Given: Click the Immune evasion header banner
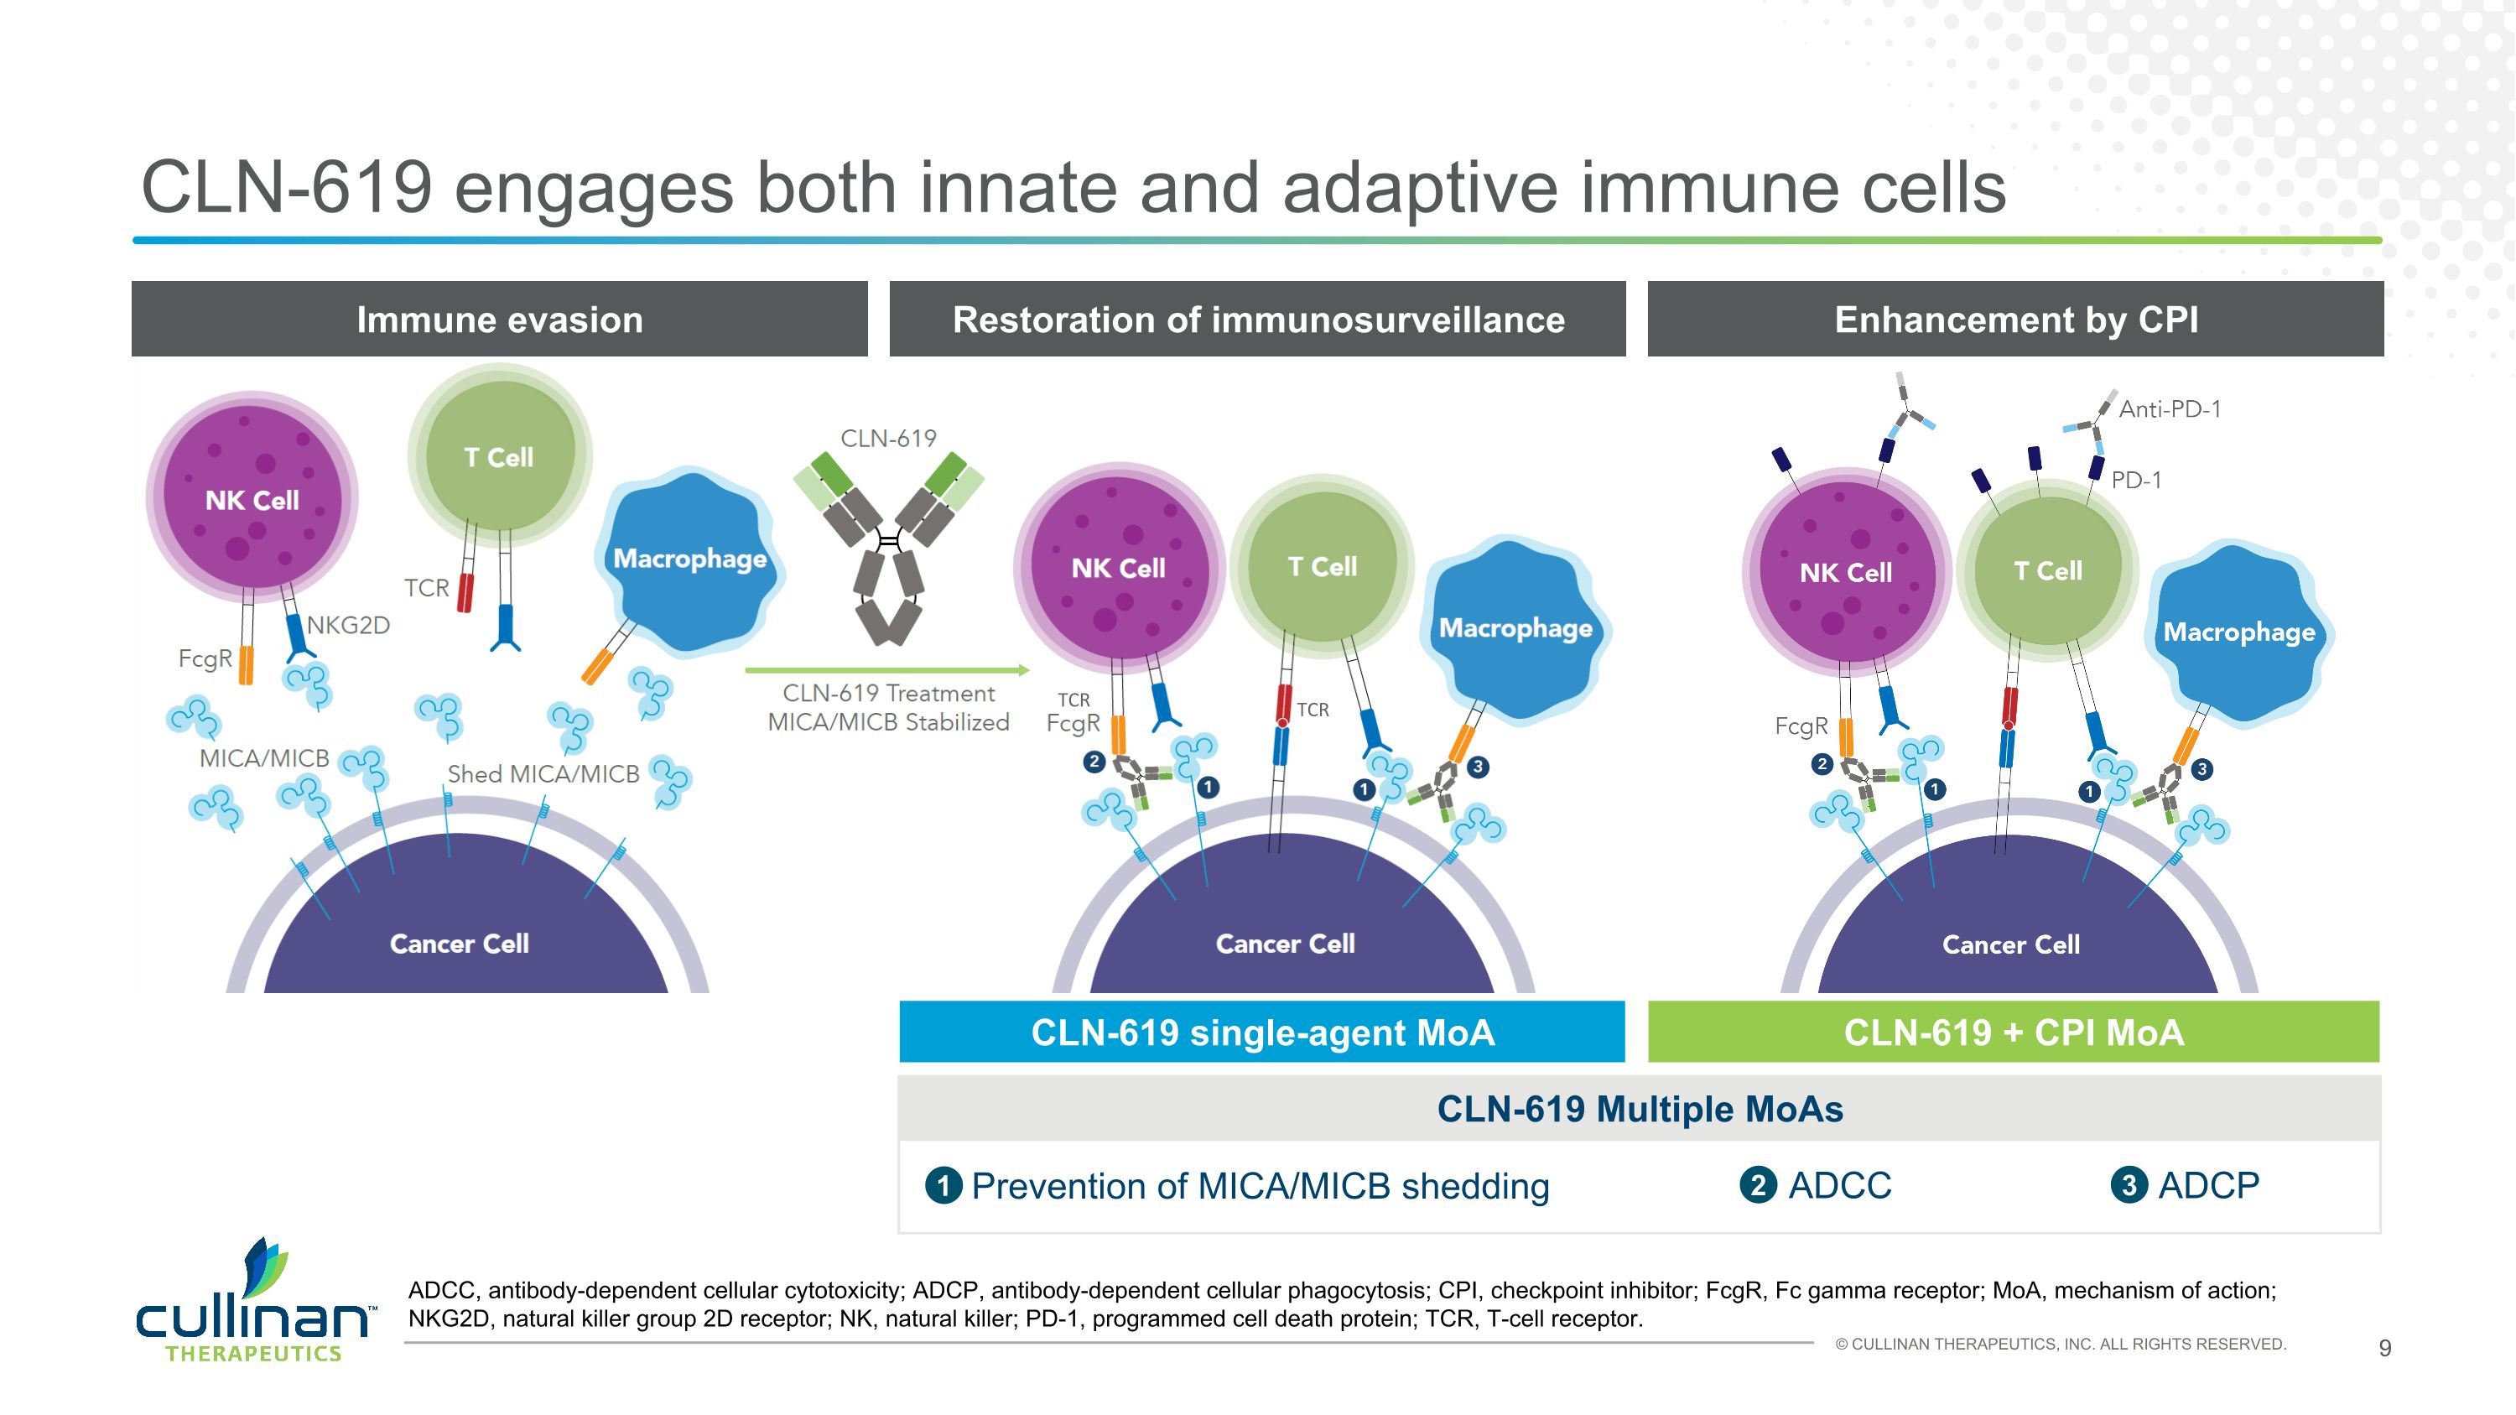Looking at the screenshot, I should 499,320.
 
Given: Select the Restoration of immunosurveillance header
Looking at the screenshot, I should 1257,320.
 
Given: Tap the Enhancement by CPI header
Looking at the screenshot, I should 2015,320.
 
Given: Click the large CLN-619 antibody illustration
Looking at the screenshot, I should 888,547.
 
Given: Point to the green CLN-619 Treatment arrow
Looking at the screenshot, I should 886,670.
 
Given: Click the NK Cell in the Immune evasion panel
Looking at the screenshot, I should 252,498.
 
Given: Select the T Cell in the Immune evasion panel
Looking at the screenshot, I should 499,456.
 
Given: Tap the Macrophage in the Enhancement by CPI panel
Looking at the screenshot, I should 2238,632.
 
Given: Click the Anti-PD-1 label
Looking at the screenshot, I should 2170,409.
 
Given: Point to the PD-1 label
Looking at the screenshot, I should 2136,480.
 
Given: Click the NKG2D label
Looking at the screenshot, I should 349,625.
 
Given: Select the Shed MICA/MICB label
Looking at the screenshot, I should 543,773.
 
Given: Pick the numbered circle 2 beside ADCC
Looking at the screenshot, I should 1758,1185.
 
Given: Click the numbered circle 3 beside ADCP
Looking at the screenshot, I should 2129,1185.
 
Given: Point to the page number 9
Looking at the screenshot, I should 2384,1348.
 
